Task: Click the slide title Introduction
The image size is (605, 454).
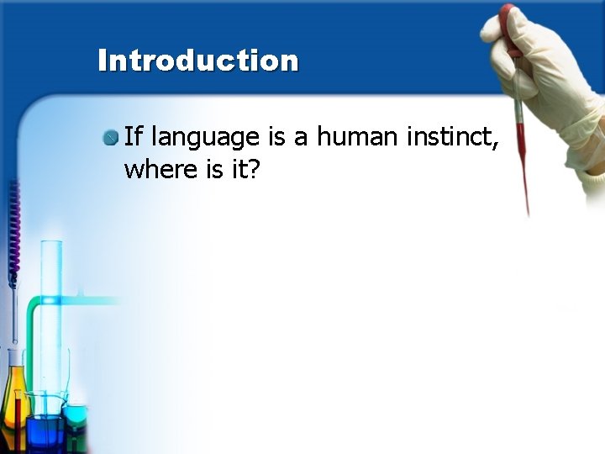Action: click(x=198, y=61)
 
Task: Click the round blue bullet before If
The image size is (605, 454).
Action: click(x=111, y=137)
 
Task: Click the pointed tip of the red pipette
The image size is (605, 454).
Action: click(x=528, y=210)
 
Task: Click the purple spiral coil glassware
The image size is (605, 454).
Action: click(x=13, y=227)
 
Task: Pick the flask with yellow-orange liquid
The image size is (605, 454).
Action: click(x=14, y=404)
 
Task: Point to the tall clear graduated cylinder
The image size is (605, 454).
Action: click(x=52, y=319)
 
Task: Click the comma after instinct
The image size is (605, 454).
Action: click(x=496, y=145)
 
